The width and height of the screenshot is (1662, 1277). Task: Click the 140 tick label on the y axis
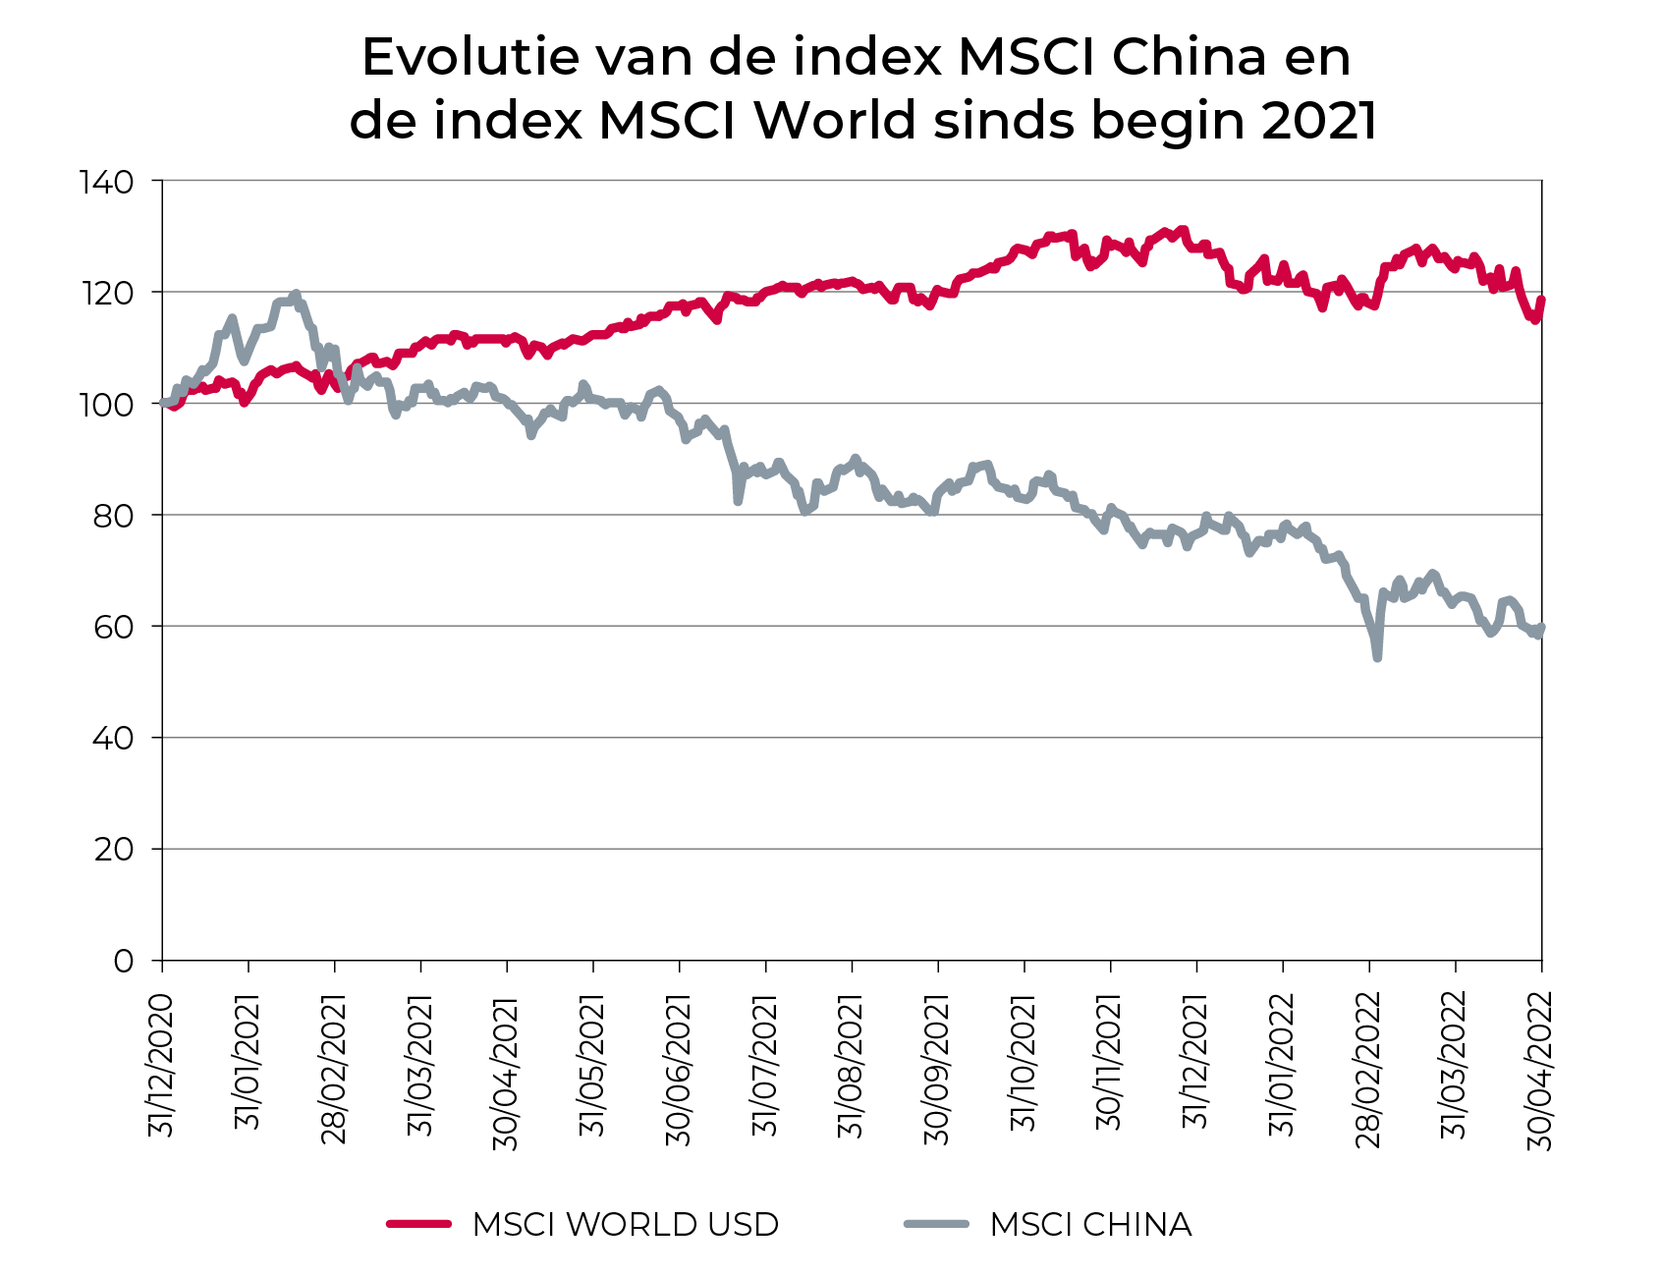(109, 182)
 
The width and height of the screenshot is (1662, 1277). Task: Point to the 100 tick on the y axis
(109, 404)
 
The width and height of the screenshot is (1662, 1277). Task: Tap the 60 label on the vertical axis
(113, 627)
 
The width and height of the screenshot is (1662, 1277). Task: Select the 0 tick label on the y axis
(123, 961)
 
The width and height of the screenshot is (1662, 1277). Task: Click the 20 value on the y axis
(113, 850)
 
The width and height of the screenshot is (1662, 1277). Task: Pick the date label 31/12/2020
(161, 1066)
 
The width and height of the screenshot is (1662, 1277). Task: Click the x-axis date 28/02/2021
(334, 1069)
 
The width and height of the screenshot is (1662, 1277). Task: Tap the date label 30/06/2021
(679, 1069)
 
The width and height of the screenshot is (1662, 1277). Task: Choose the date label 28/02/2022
(1368, 1069)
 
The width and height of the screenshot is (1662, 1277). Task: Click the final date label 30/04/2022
(1540, 1069)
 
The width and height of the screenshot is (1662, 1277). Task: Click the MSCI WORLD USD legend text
(625, 1225)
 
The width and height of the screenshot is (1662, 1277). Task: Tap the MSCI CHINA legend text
(1090, 1225)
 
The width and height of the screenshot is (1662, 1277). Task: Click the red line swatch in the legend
(418, 1224)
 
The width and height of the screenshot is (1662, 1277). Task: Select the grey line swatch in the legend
(936, 1224)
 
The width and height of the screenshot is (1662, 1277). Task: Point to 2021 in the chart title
(1319, 121)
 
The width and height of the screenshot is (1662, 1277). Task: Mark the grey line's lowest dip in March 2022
(1377, 657)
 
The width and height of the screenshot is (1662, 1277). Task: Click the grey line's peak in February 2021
(296, 294)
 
